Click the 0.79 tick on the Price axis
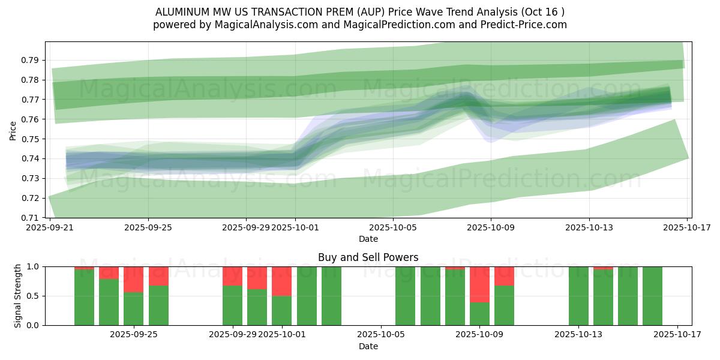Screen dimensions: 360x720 (31, 60)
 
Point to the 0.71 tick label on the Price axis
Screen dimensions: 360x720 (31, 217)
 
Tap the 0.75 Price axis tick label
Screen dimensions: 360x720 (31, 139)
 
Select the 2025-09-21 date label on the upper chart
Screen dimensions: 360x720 (50, 227)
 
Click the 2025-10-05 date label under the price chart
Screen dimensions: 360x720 (392, 227)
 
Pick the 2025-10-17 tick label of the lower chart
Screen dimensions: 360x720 (677, 335)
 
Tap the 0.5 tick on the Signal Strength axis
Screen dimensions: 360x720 (34, 296)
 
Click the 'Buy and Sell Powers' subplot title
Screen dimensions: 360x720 (368, 257)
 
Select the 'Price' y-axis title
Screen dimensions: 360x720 (13, 130)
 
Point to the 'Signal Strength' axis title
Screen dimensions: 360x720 (18, 296)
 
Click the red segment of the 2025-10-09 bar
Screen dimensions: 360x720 (479, 284)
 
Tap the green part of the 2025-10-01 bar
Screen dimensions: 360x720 (281, 310)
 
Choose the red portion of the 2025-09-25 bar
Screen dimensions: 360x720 (133, 279)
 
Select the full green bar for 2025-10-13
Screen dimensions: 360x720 (578, 296)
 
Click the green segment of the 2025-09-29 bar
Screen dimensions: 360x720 (232, 305)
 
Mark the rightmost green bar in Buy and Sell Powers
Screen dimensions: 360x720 (652, 296)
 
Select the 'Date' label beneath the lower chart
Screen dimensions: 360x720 (368, 346)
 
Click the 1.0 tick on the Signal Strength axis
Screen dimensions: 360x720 (34, 266)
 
